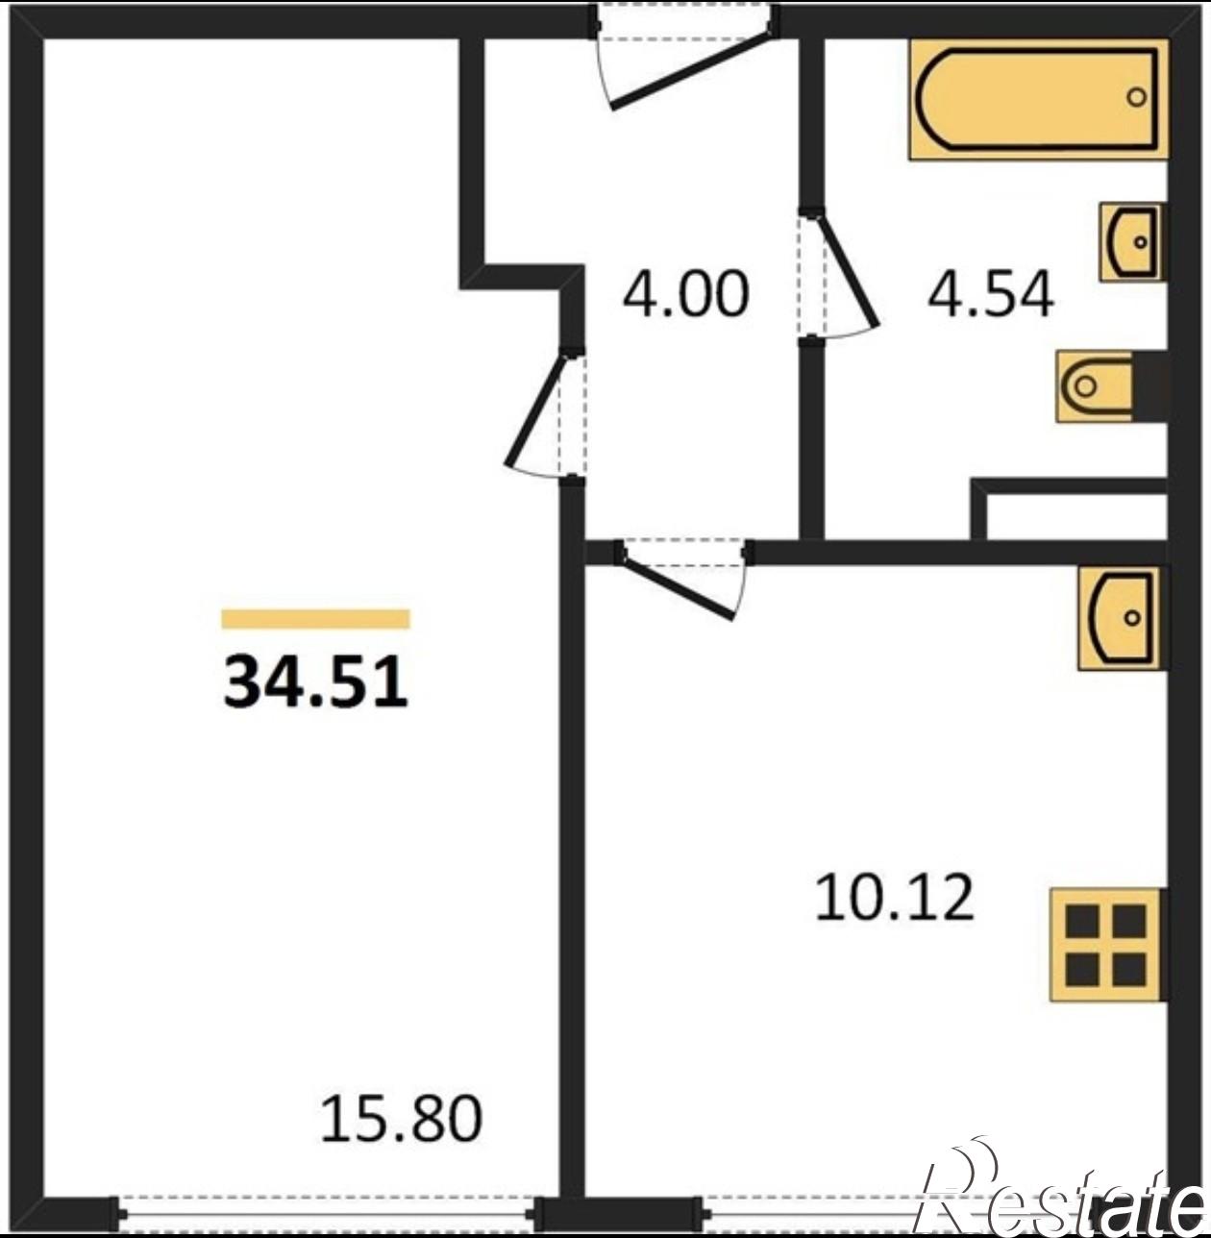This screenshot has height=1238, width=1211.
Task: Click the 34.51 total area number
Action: (x=315, y=682)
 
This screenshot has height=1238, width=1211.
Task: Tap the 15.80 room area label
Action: (x=402, y=1119)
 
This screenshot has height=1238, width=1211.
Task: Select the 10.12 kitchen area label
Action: (x=894, y=897)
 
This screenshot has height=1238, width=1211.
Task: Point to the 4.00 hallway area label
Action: (x=685, y=294)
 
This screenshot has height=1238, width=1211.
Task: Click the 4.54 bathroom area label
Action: (x=990, y=294)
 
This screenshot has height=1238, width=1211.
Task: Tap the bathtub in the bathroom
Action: (x=1039, y=100)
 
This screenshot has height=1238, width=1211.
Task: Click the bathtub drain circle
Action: (x=1137, y=97)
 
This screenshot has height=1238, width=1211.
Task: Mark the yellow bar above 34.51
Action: (x=315, y=618)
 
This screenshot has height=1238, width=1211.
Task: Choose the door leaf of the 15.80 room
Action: (x=535, y=411)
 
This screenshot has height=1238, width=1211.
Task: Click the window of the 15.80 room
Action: (x=326, y=1214)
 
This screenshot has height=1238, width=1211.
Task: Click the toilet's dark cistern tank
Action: (x=1149, y=385)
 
